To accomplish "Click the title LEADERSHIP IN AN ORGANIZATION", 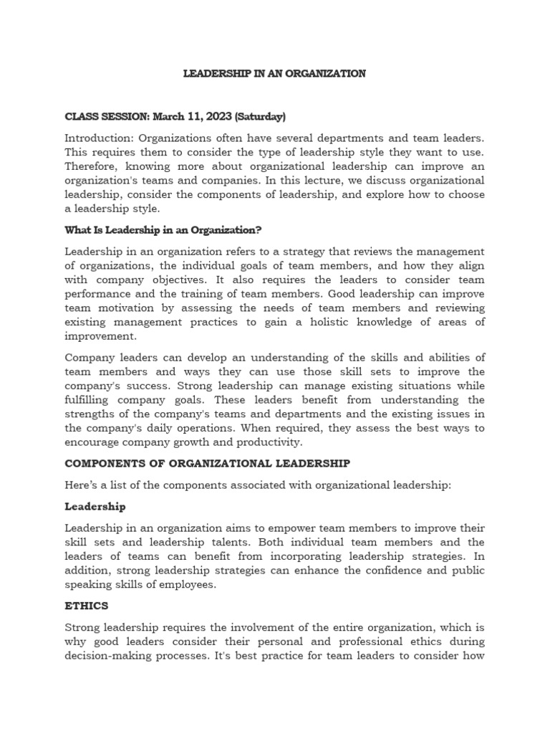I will pyautogui.click(x=275, y=74).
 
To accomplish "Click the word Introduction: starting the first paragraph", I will pyautogui.click(x=99, y=138).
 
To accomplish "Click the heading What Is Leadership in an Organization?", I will pyautogui.click(x=163, y=230).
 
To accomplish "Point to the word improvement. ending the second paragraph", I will pyautogui.click(x=100, y=336).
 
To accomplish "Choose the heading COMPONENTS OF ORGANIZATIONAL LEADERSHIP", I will pyautogui.click(x=208, y=464).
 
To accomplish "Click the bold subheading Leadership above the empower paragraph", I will pyautogui.click(x=95, y=507).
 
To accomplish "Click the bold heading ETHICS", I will pyautogui.click(x=87, y=606).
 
